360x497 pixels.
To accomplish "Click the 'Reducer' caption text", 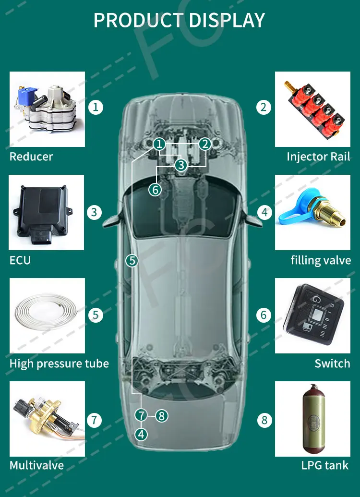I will [31, 157].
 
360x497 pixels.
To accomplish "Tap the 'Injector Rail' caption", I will [318, 157].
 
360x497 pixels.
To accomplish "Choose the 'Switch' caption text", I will [332, 364].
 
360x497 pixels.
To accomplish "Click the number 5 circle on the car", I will [132, 261].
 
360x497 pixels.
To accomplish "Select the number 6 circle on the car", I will [155, 190].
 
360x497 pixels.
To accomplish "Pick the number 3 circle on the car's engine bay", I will [180, 165].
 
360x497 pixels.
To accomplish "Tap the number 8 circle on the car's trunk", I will [161, 416].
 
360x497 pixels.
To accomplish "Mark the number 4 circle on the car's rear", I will [141, 435].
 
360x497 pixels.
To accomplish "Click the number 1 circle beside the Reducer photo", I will [96, 107].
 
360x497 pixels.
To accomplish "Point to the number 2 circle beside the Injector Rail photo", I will [263, 107].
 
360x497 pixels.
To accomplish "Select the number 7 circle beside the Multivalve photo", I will [95, 421].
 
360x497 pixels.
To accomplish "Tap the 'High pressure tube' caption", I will [59, 364].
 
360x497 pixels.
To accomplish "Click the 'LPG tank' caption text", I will [325, 465].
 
